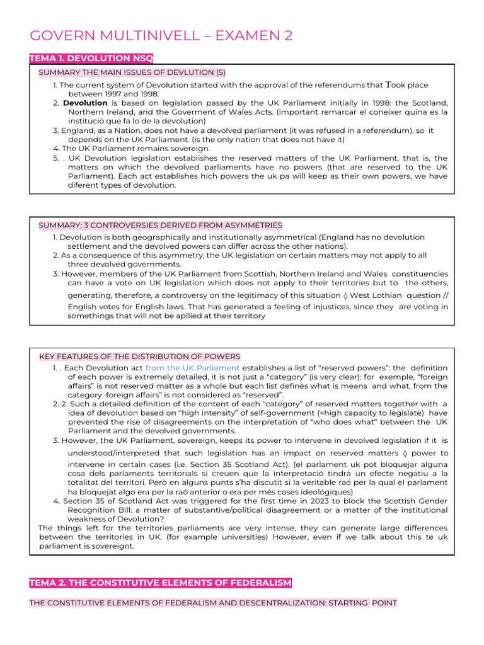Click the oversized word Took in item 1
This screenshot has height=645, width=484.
point(397,84)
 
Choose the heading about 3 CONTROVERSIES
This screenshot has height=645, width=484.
point(160,225)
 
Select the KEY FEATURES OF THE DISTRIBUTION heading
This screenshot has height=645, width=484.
point(140,357)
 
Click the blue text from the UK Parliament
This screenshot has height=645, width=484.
point(192,368)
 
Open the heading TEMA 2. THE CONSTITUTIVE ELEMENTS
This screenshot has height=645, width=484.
point(161,583)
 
